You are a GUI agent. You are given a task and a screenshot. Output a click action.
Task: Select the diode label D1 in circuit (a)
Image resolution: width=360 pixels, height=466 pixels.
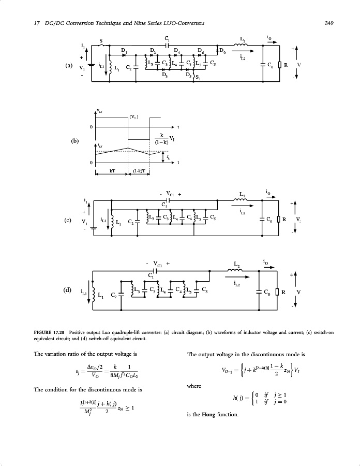click(x=124, y=50)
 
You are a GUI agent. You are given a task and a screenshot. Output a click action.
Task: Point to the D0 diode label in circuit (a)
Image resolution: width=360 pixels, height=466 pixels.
click(x=222, y=50)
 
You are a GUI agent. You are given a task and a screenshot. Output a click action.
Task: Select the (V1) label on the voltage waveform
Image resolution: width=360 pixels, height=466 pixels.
click(x=134, y=116)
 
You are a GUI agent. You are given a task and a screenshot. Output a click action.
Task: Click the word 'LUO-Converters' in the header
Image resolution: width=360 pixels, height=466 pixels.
click(x=186, y=23)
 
